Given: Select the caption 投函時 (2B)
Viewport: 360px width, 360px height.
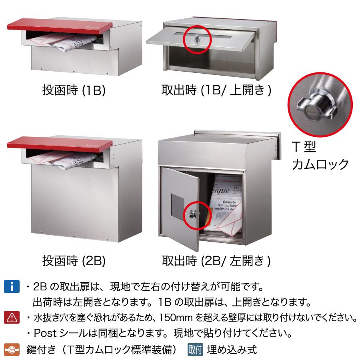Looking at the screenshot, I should (x=74, y=261).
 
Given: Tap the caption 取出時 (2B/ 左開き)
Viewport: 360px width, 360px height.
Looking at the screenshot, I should (x=216, y=261).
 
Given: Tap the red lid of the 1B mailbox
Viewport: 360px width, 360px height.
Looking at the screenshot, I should (x=60, y=27).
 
